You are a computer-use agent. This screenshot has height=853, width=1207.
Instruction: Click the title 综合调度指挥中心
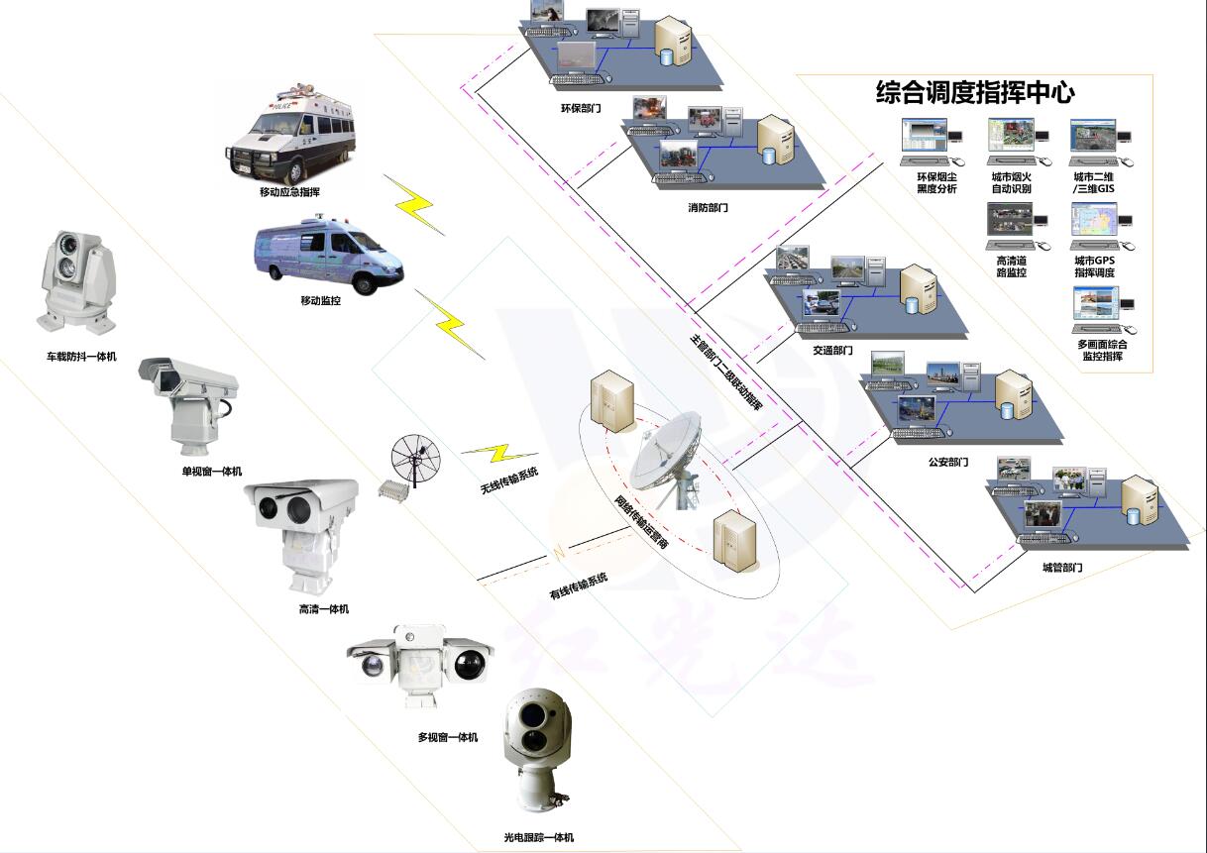975,93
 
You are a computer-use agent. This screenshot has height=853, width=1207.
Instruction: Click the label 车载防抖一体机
81,357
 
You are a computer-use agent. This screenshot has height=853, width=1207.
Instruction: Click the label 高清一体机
323,609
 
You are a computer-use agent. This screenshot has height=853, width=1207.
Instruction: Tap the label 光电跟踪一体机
538,837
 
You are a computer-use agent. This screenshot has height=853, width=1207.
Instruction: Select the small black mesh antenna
416,459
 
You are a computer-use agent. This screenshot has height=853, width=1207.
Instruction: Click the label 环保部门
581,106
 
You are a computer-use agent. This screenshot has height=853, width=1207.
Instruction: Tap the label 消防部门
708,208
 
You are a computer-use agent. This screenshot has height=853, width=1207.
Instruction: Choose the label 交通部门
832,350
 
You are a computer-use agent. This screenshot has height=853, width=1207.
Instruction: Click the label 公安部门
948,463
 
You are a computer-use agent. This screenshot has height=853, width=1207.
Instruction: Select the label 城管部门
1061,568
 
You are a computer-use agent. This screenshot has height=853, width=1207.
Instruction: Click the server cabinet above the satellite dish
611,401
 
